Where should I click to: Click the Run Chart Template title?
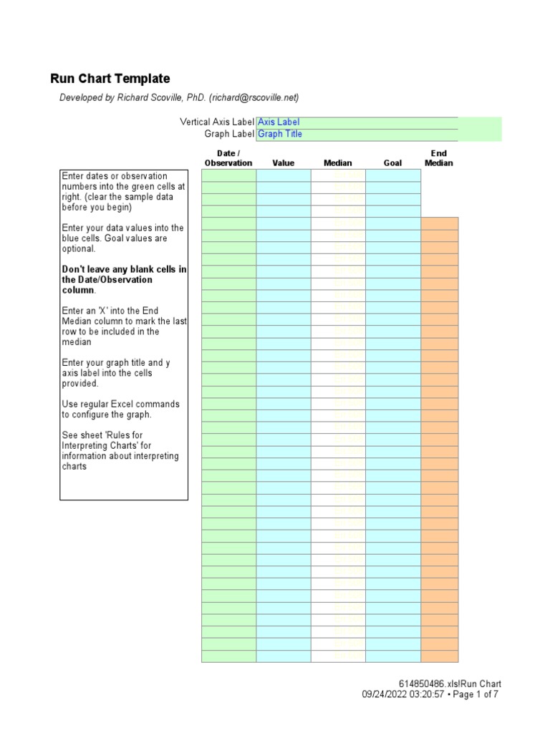110,79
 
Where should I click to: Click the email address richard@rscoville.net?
253,98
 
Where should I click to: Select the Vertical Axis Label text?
216,122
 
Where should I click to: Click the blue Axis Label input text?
279,122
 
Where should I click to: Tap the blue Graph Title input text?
280,134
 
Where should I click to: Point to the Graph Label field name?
229,134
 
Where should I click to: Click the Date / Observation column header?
228,158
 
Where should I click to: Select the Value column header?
283,163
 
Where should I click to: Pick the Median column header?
338,163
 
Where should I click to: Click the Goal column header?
392,163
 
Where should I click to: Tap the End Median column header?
439,158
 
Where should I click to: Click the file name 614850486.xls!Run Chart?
450,684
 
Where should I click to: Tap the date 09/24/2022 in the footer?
385,695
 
